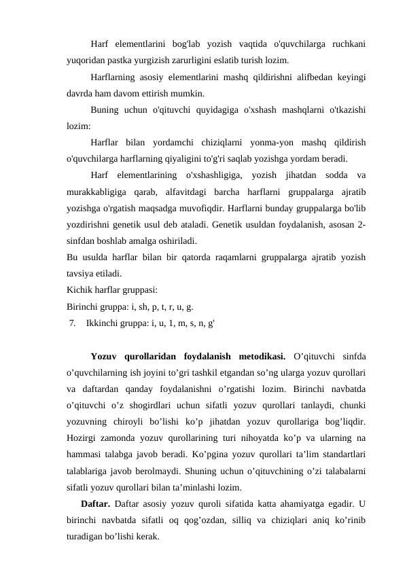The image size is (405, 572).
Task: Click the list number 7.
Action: click(72, 323)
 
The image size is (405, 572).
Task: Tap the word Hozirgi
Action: click(82, 421)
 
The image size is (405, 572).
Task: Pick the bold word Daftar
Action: click(95, 503)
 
